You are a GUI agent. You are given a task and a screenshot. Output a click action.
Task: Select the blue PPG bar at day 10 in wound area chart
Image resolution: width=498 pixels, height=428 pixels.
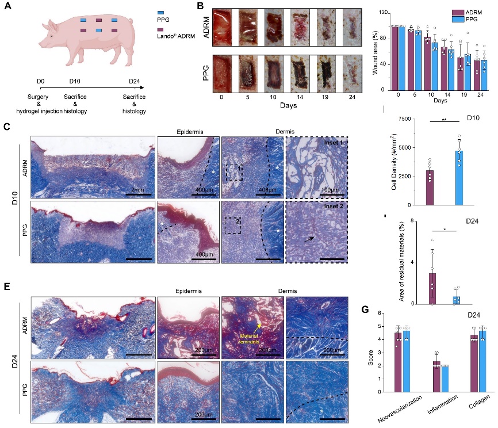tap(435, 66)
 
